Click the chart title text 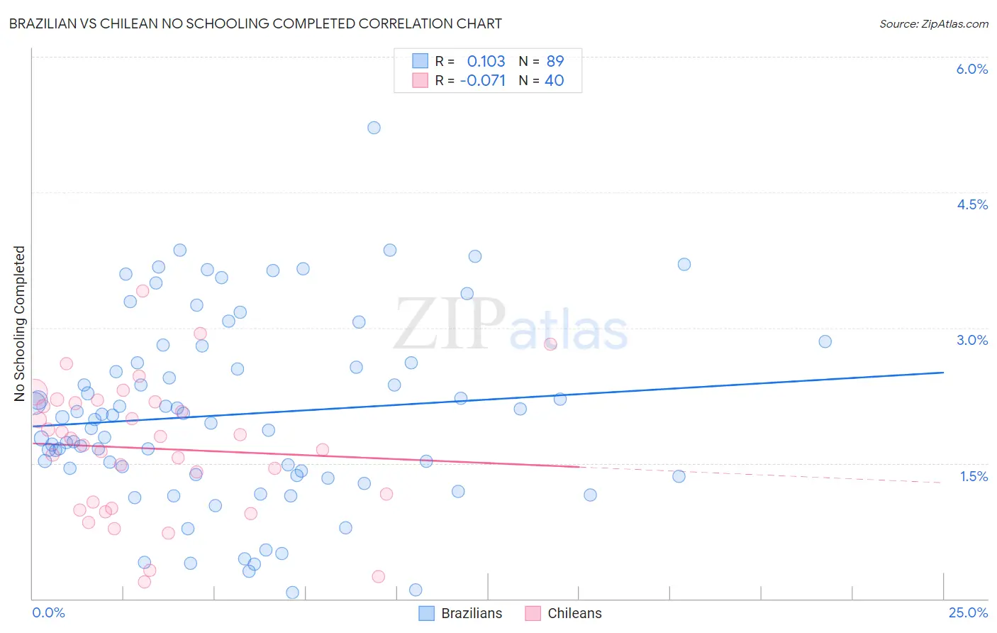255,24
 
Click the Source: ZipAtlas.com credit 933,24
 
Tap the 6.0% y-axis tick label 971,69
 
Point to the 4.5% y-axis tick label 971,204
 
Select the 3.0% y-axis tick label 971,340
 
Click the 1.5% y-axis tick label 974,476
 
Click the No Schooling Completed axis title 20,324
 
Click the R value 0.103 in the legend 486,62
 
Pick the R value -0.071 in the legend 483,81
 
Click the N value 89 555,62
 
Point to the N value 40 554,81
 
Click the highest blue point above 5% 374,128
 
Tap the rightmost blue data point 825,341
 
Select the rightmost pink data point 550,344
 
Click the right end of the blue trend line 943,373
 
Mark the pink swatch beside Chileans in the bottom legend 533,614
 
